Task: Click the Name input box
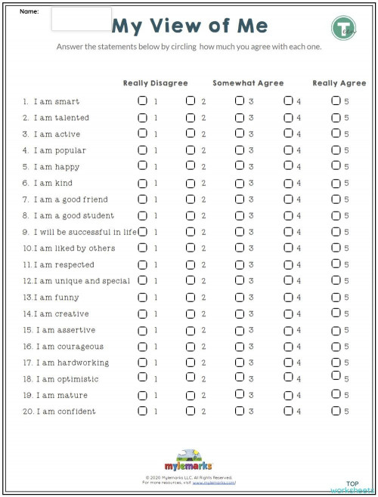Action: pos(81,20)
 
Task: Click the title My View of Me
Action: pos(190,26)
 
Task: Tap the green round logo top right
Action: pos(343,28)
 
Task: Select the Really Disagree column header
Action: pos(157,83)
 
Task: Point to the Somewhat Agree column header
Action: pos(247,83)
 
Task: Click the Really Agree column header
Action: pos(339,83)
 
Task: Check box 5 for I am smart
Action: pos(336,101)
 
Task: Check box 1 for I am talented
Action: pos(142,118)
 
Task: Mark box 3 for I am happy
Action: pos(239,167)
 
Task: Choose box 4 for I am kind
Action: pos(287,183)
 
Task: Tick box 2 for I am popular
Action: pos(191,150)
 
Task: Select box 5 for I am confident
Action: pos(336,411)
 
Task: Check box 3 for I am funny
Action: pos(239,297)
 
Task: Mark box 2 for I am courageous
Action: pos(191,346)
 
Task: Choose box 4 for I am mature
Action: pos(287,394)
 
